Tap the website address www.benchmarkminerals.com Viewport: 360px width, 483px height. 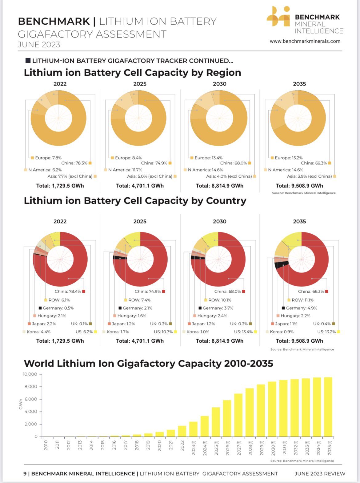click(x=305, y=41)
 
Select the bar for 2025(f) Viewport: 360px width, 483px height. click(x=216, y=422)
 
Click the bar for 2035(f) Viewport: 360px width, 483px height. click(x=328, y=407)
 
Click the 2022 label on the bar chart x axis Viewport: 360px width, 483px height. click(x=182, y=445)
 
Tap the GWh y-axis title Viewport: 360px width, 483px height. click(x=21, y=404)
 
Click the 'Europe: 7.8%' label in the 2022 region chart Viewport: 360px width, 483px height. click(x=48, y=158)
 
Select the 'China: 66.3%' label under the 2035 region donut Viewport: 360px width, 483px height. click(x=314, y=163)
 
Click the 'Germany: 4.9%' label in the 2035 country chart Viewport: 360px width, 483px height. click(x=301, y=308)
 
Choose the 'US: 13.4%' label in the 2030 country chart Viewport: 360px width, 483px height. click(x=243, y=332)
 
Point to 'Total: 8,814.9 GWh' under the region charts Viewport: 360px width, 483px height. click(x=219, y=186)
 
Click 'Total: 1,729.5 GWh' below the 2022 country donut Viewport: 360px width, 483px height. click(x=60, y=341)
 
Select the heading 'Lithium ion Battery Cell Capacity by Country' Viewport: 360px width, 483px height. click(x=135, y=201)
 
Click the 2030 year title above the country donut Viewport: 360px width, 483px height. click(x=219, y=222)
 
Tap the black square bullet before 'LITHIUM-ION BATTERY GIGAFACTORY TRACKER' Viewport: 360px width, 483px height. click(x=28, y=61)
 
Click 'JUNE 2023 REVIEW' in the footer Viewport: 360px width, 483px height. click(x=319, y=474)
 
